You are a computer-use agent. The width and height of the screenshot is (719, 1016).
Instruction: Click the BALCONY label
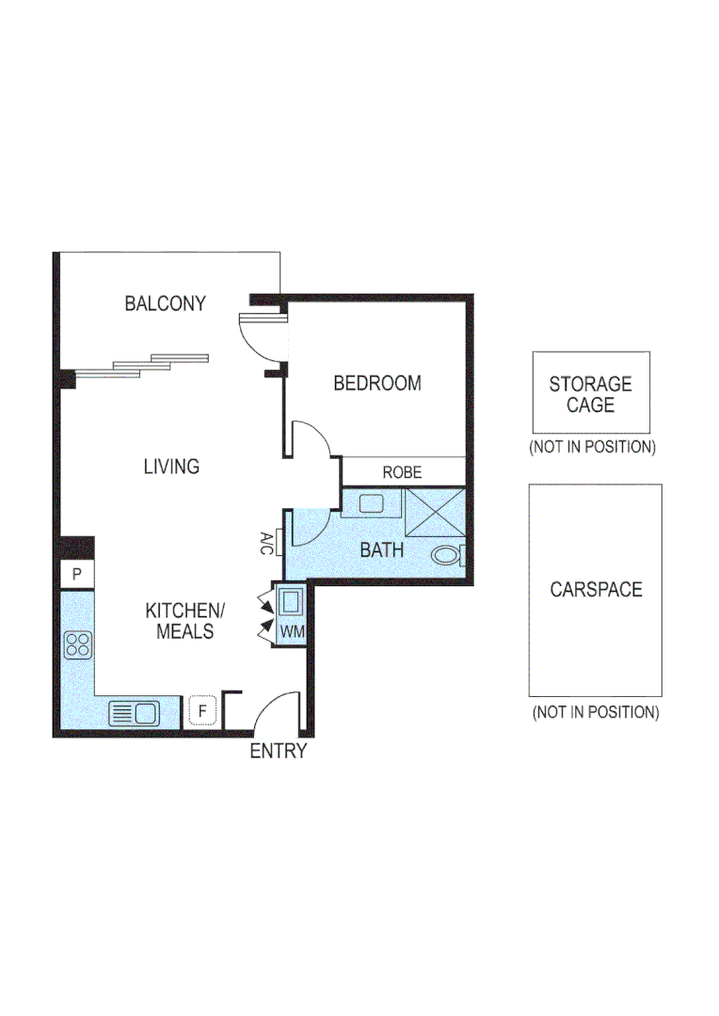tap(165, 304)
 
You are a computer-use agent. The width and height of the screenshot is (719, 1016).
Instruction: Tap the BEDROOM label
tap(376, 384)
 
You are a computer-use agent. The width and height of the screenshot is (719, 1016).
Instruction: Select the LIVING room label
tap(171, 467)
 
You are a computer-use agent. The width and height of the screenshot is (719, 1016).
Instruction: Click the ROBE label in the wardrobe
tap(402, 472)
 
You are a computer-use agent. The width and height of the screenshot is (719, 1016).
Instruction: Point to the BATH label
tap(381, 549)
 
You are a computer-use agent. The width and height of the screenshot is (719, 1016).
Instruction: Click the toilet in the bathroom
tap(446, 555)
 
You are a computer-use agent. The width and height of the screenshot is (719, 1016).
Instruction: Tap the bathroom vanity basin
tap(371, 503)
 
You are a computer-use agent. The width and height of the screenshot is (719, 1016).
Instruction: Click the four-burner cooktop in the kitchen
tap(77, 645)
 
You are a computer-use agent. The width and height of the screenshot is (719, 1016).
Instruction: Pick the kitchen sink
tap(133, 713)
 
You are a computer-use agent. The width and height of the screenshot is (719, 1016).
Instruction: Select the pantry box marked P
tap(76, 574)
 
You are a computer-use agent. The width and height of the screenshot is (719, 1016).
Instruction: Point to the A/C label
tap(266, 542)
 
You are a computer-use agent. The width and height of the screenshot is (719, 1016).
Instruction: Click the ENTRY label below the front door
tap(278, 752)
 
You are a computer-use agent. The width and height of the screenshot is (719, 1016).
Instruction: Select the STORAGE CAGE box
tap(590, 394)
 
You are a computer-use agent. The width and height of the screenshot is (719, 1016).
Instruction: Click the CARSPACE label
tap(596, 590)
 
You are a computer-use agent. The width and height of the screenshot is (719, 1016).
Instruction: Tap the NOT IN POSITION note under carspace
tap(595, 712)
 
